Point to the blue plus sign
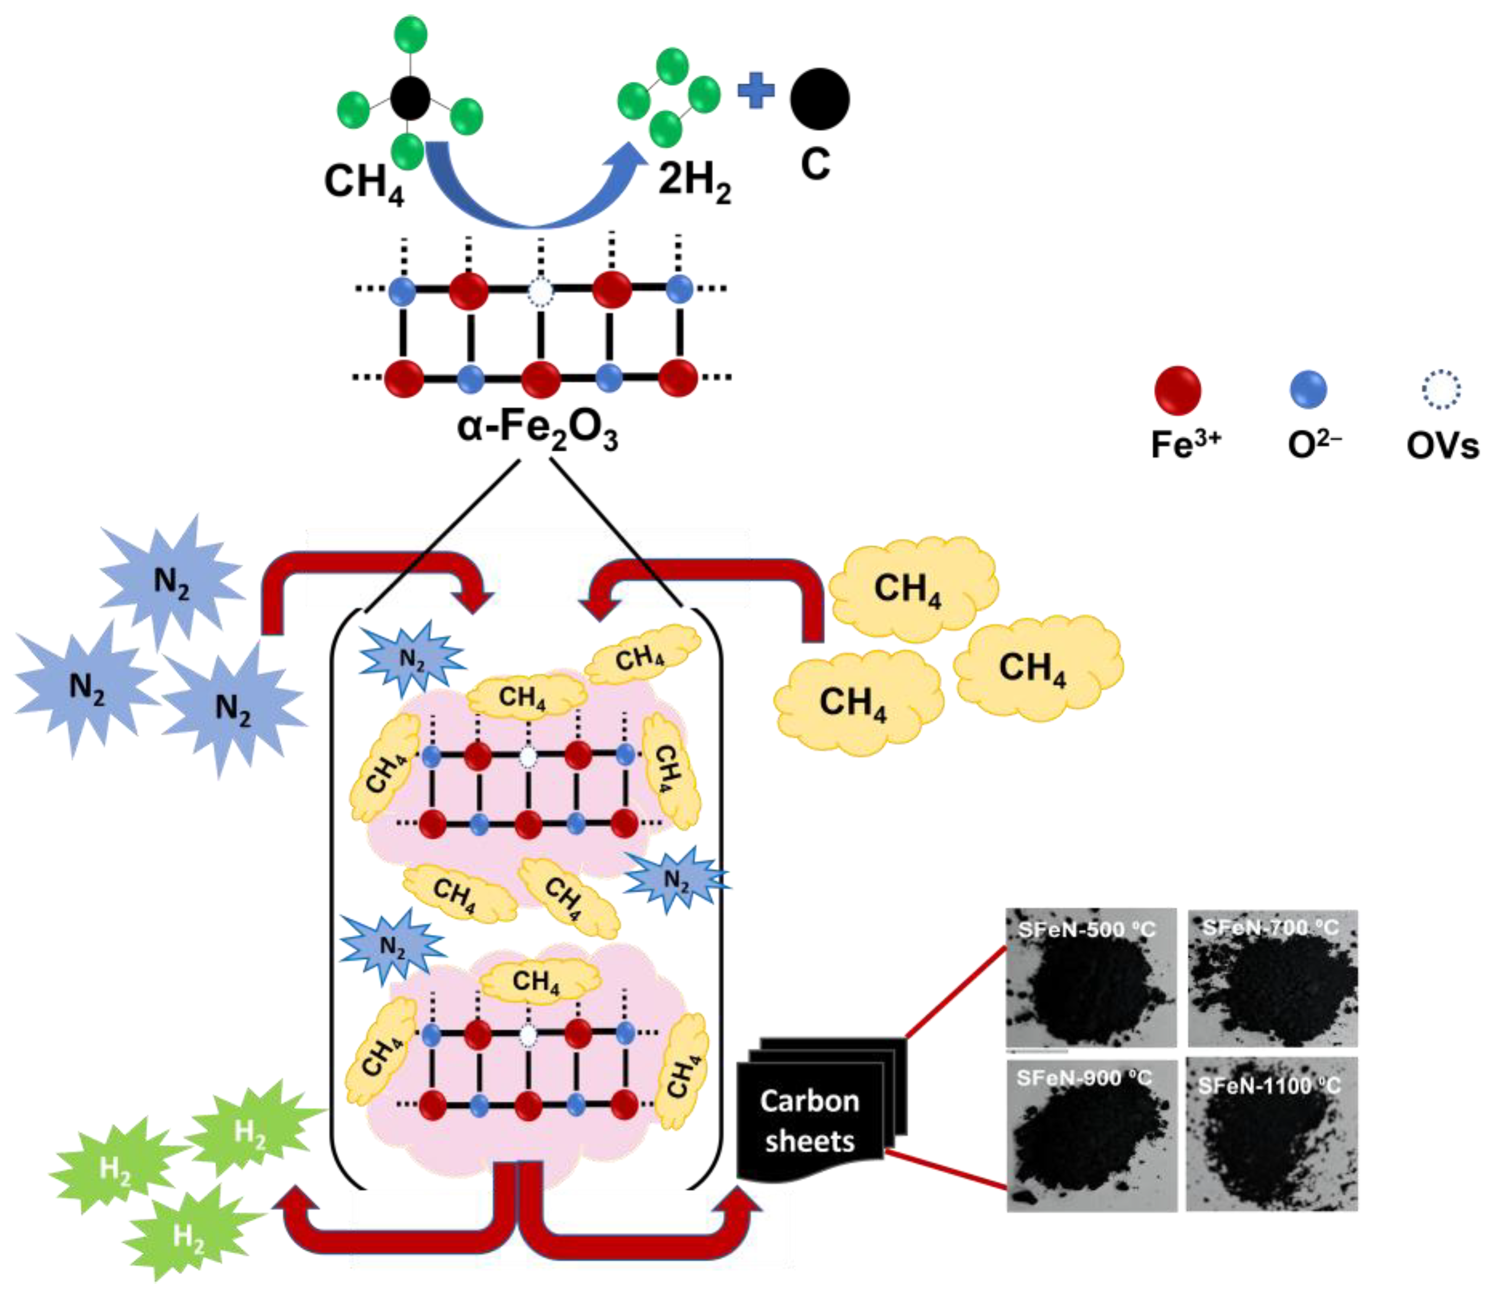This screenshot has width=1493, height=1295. pyautogui.click(x=756, y=92)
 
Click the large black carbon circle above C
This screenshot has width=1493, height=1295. pyautogui.click(x=819, y=99)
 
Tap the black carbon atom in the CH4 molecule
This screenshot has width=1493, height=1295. pyautogui.click(x=410, y=98)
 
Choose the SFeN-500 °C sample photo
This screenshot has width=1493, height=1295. pyautogui.click(x=1091, y=977)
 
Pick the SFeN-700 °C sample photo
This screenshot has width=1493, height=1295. pyautogui.click(x=1272, y=977)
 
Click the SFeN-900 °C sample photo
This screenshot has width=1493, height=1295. pyautogui.click(x=1091, y=1133)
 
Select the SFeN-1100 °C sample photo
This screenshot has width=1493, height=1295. pyautogui.click(x=1272, y=1133)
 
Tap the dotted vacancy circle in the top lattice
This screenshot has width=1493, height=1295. pyautogui.click(x=539, y=292)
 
